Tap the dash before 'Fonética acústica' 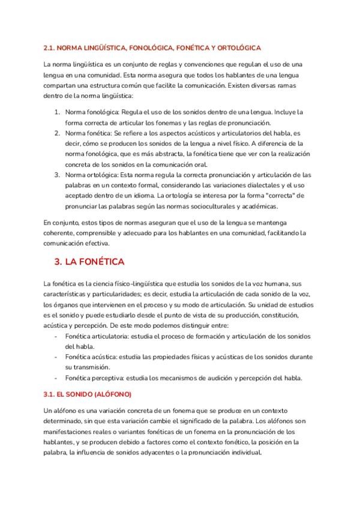[x=56, y=357]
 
